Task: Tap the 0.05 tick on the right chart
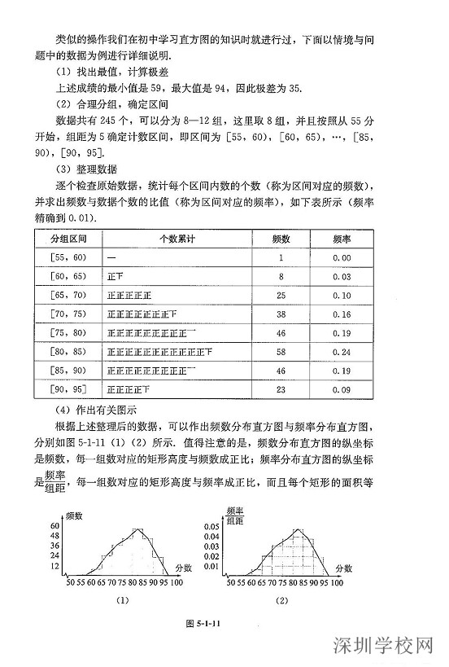tap(211, 527)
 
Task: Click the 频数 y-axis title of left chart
tap(76, 517)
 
